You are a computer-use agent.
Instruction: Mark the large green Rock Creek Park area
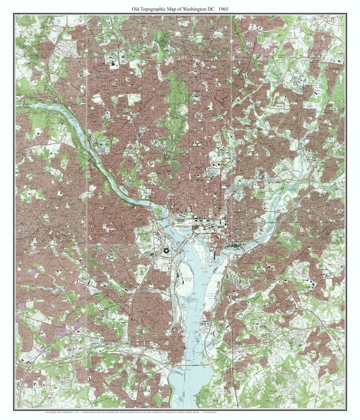pyautogui.click(x=176, y=101)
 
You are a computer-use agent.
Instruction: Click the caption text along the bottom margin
pyautogui.click(x=180, y=412)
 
